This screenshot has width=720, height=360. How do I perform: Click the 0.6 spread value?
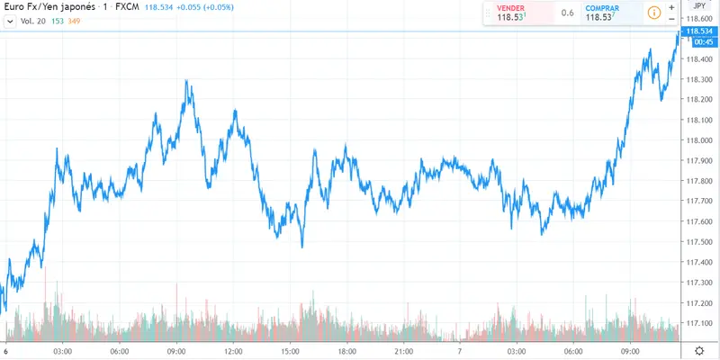click(x=567, y=13)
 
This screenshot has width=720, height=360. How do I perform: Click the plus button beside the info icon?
click(x=671, y=7)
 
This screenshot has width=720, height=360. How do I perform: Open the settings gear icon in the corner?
click(x=699, y=350)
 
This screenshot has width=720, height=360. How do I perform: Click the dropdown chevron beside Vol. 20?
click(x=9, y=20)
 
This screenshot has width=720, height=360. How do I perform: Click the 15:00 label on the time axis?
click(x=290, y=350)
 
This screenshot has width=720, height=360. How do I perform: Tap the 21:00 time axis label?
click(x=404, y=350)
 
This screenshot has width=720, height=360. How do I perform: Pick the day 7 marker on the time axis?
click(x=461, y=350)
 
